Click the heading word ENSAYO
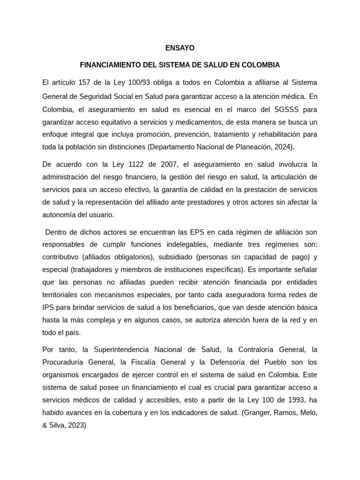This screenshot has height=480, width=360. point(180,48)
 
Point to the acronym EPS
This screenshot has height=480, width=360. point(195,232)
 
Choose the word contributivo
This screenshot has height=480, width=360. point(60,257)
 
